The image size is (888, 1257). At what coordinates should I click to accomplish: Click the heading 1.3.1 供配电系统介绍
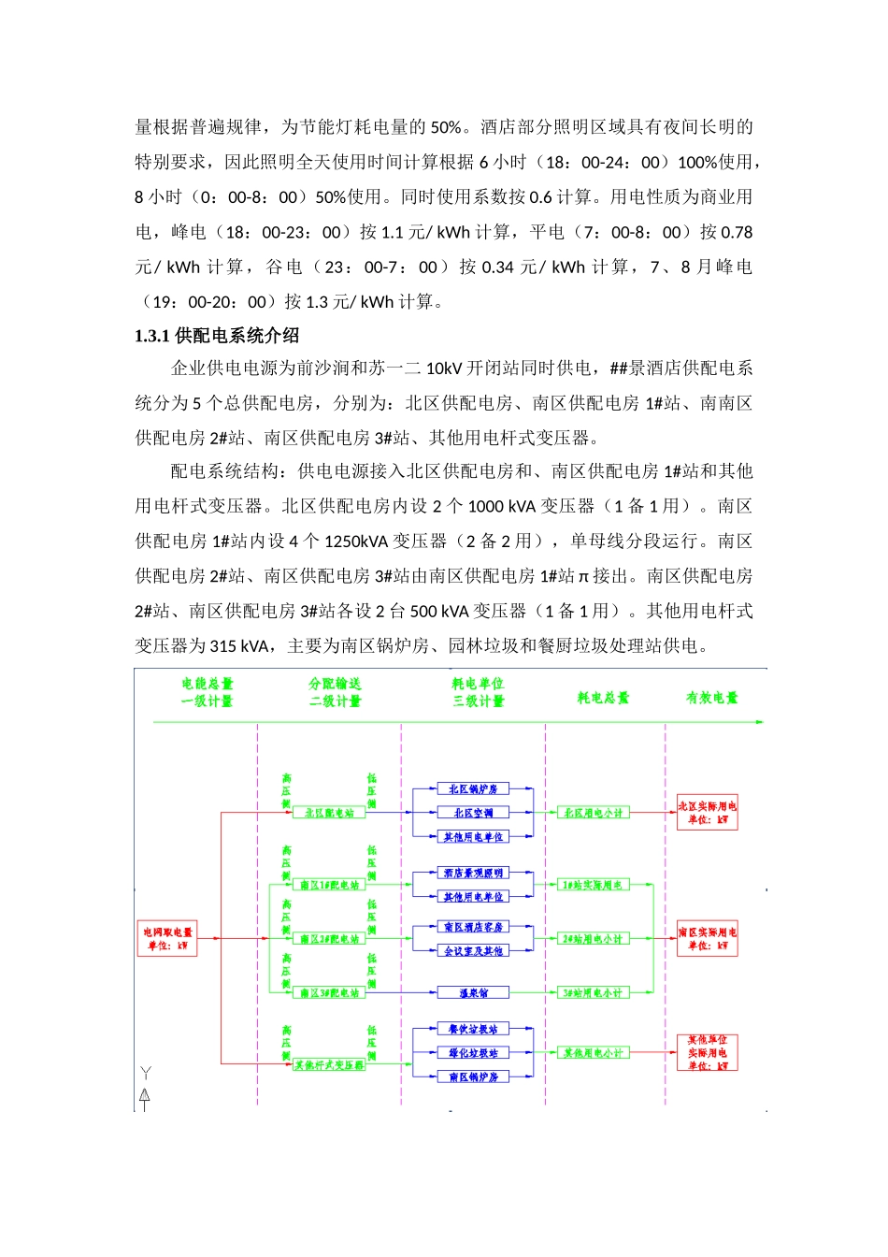click(x=217, y=336)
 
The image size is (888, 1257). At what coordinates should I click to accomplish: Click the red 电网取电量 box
click(x=167, y=938)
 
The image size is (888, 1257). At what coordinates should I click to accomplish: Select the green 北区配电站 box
click(x=329, y=813)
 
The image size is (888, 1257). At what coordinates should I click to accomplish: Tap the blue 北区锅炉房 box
click(x=473, y=789)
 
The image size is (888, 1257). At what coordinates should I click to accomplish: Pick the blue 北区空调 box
click(x=473, y=813)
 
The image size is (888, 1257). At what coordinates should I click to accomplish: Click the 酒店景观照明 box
click(x=473, y=873)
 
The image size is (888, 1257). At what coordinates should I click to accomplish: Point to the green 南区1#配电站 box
click(x=329, y=885)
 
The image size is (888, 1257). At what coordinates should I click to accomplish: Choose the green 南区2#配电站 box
click(x=329, y=938)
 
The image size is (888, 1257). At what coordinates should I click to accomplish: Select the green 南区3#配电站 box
click(x=329, y=992)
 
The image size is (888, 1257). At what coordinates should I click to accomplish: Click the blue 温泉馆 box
click(x=473, y=992)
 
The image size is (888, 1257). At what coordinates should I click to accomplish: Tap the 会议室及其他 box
click(x=473, y=950)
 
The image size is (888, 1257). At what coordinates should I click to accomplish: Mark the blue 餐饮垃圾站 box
click(x=473, y=1029)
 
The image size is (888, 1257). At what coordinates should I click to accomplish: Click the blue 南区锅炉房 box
click(x=473, y=1076)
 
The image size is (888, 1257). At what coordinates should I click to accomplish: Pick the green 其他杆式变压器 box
click(x=329, y=1064)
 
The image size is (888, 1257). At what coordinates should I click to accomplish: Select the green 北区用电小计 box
click(x=593, y=813)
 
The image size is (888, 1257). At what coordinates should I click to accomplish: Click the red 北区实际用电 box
click(x=707, y=813)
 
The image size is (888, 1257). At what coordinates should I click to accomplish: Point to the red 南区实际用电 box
click(x=707, y=938)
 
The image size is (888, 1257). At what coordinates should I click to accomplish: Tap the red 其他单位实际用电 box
click(x=707, y=1052)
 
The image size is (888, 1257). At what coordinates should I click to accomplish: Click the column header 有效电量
click(x=711, y=698)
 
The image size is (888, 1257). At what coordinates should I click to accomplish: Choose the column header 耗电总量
click(x=603, y=698)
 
